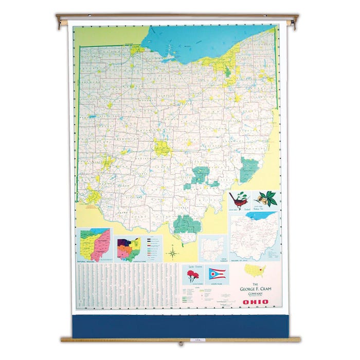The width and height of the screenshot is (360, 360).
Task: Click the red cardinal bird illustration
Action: (x=240, y=199)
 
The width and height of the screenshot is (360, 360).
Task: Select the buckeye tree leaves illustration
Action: (x=267, y=198)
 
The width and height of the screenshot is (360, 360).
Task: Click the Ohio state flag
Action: (x=217, y=274)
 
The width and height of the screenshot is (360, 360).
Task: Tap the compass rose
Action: (x=173, y=252)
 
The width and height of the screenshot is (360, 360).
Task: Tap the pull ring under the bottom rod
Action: (x=180, y=343)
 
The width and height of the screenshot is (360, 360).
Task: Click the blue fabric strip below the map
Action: (x=180, y=326)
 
